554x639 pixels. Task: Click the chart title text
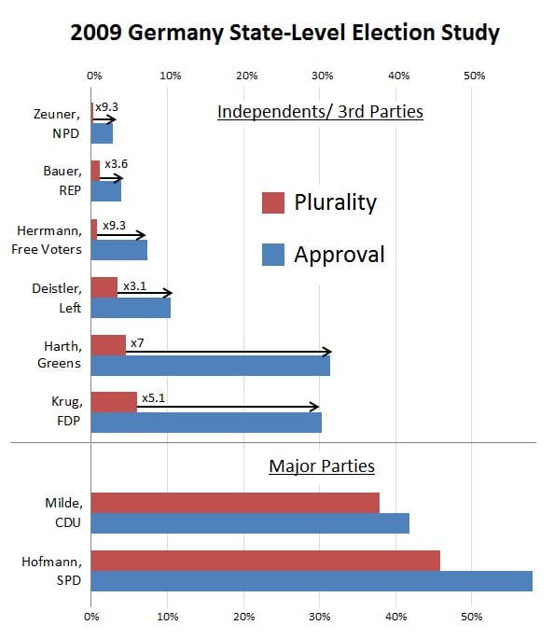click(x=285, y=34)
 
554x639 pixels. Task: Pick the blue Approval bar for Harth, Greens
click(x=210, y=367)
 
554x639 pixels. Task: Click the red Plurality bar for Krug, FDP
click(x=114, y=401)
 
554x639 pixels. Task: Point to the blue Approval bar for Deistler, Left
click(x=131, y=308)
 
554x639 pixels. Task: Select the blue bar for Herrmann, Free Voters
click(x=118, y=250)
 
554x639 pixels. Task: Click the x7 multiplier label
click(x=136, y=343)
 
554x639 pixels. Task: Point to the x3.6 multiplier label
click(x=116, y=165)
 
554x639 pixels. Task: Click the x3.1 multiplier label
click(x=134, y=285)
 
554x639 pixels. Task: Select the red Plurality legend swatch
click(x=272, y=202)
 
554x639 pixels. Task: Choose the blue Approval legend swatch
click(x=272, y=254)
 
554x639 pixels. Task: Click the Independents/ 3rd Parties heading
click(x=320, y=112)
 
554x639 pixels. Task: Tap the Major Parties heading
click(x=321, y=465)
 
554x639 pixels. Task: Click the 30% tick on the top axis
click(x=321, y=75)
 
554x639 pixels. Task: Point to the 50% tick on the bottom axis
click(x=473, y=616)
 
